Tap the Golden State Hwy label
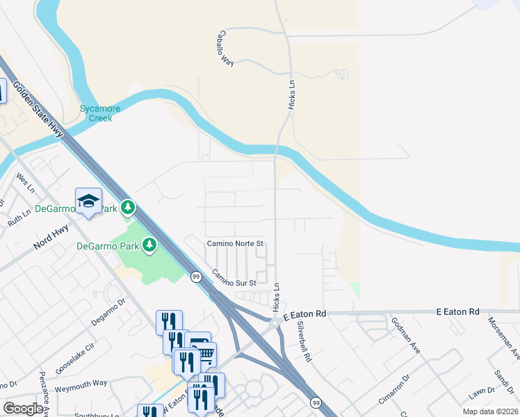tap(38, 111)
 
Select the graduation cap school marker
tap(89, 201)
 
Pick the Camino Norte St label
tap(236, 244)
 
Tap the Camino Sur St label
tap(234, 278)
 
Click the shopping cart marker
tap(204, 354)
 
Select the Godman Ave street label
tap(405, 335)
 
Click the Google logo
tap(23, 408)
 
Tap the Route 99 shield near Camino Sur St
tap(197, 277)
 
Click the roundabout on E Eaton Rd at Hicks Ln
tap(275, 322)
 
